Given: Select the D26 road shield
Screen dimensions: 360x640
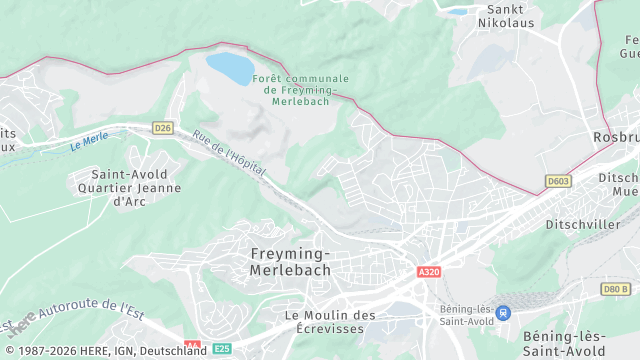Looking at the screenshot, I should click(x=164, y=127).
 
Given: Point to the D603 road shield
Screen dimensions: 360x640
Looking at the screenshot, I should click(x=558, y=181).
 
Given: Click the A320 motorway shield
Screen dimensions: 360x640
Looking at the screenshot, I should click(x=429, y=272).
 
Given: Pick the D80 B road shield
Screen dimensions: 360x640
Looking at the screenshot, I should click(x=616, y=289).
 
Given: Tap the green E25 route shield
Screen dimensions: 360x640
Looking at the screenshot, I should click(x=222, y=348).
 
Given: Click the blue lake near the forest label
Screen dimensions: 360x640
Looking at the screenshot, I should click(x=229, y=68).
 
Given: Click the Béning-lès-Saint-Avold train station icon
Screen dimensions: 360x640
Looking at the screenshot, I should click(x=503, y=313).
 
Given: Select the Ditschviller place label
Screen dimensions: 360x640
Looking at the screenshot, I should click(x=583, y=225).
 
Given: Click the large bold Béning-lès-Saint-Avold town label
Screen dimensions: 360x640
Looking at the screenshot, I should click(x=562, y=344).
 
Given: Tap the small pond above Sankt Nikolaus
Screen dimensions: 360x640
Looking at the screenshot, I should click(x=456, y=12).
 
